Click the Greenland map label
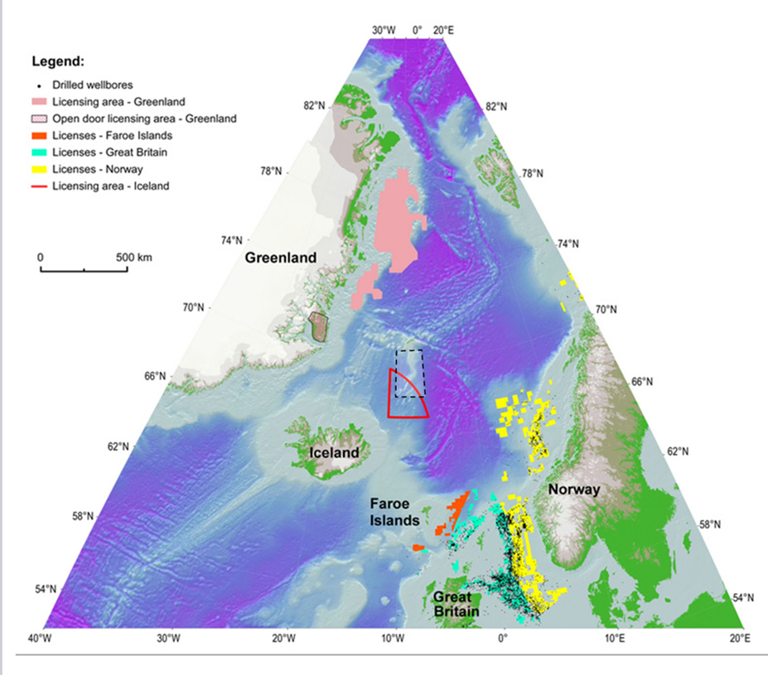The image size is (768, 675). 280,258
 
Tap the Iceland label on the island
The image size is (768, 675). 334,453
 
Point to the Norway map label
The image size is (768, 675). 572,489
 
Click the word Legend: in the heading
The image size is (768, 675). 58,61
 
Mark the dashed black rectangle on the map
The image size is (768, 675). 409,373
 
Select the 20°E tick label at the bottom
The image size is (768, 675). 740,639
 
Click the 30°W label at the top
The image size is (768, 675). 384,30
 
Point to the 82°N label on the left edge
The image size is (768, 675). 315,106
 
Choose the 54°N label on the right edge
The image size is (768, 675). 744,598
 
